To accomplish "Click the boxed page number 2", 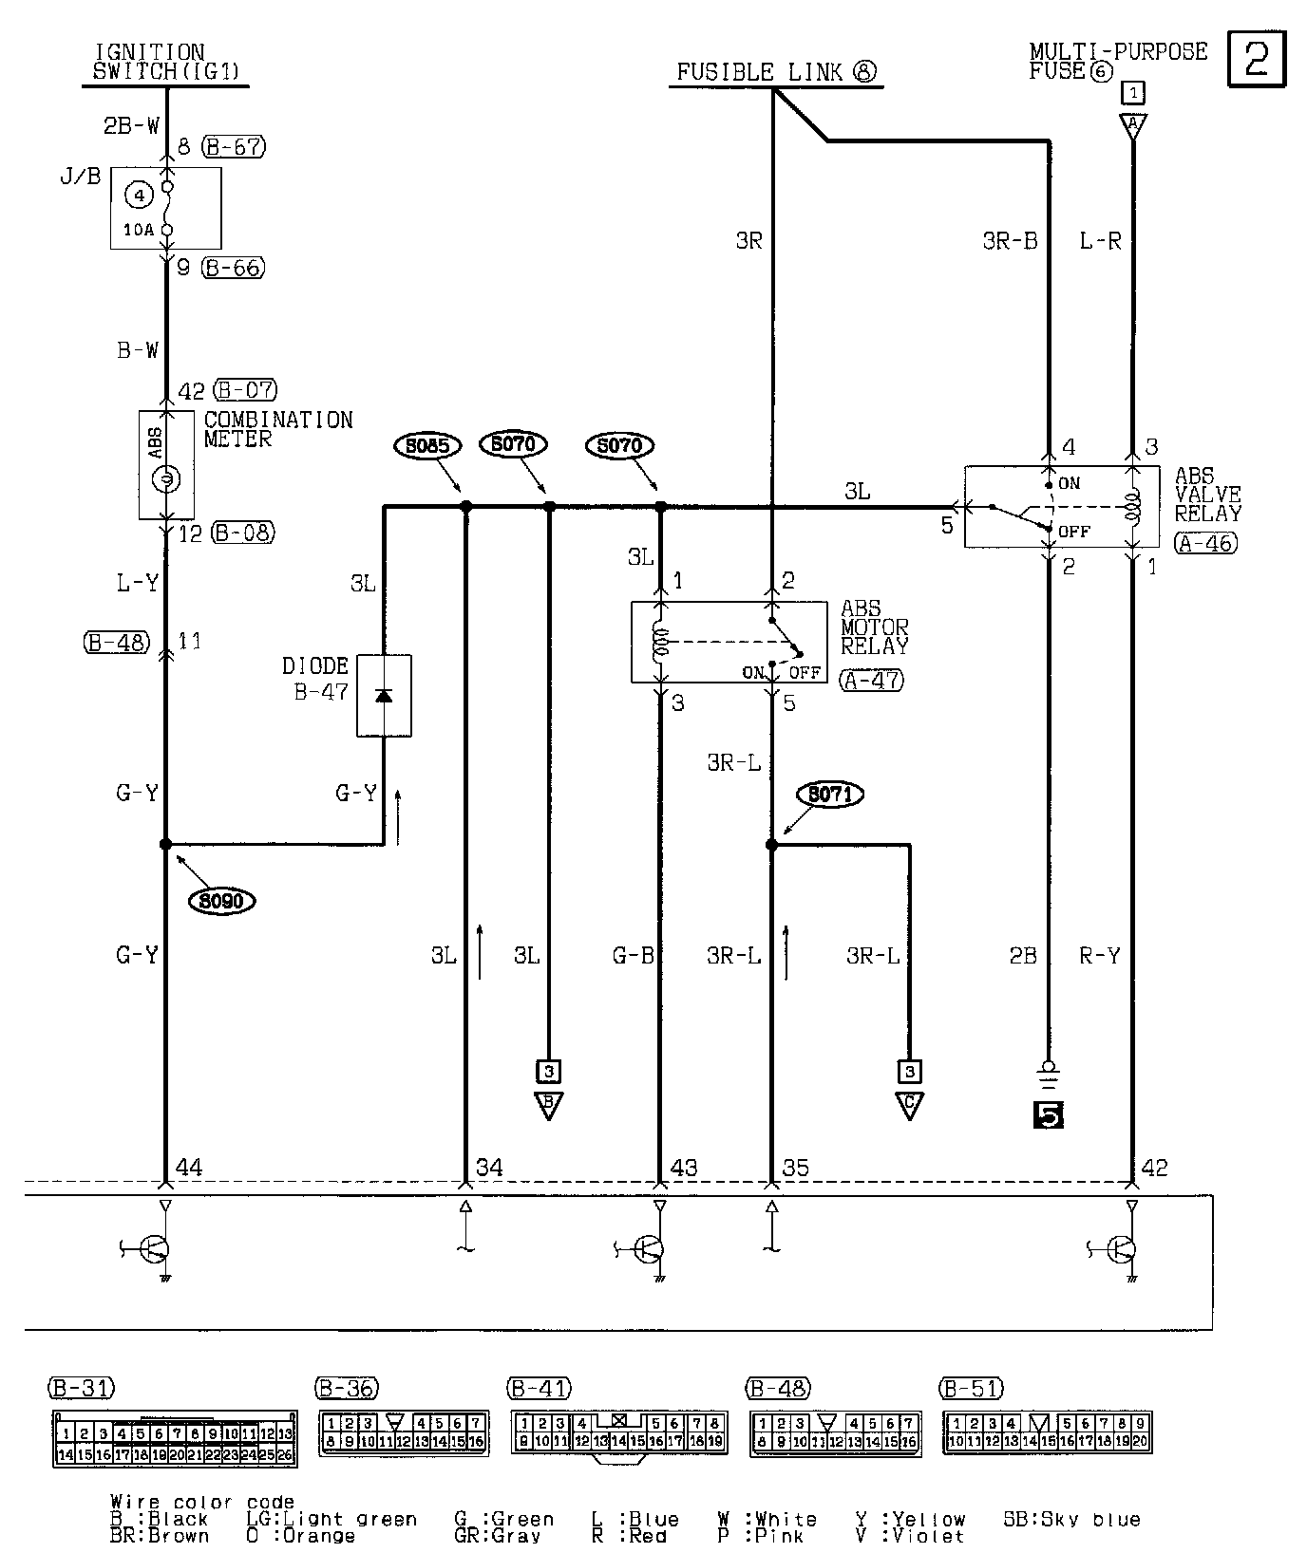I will pos(1256,59).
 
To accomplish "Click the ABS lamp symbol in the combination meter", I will pos(166,480).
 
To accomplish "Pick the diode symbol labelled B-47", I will pos(384,695).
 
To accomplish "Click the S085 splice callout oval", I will pos(430,445).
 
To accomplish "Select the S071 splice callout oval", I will pos(830,794).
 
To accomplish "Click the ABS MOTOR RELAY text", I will pos(874,627).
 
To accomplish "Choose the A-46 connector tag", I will pos(1206,543).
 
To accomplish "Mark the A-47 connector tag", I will pos(872,680).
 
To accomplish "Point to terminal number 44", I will pos(189,1168).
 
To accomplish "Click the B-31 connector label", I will pos(81,1388).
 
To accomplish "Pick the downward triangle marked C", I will pos(909,1106).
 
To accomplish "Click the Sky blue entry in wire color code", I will pos(1071,1520).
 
